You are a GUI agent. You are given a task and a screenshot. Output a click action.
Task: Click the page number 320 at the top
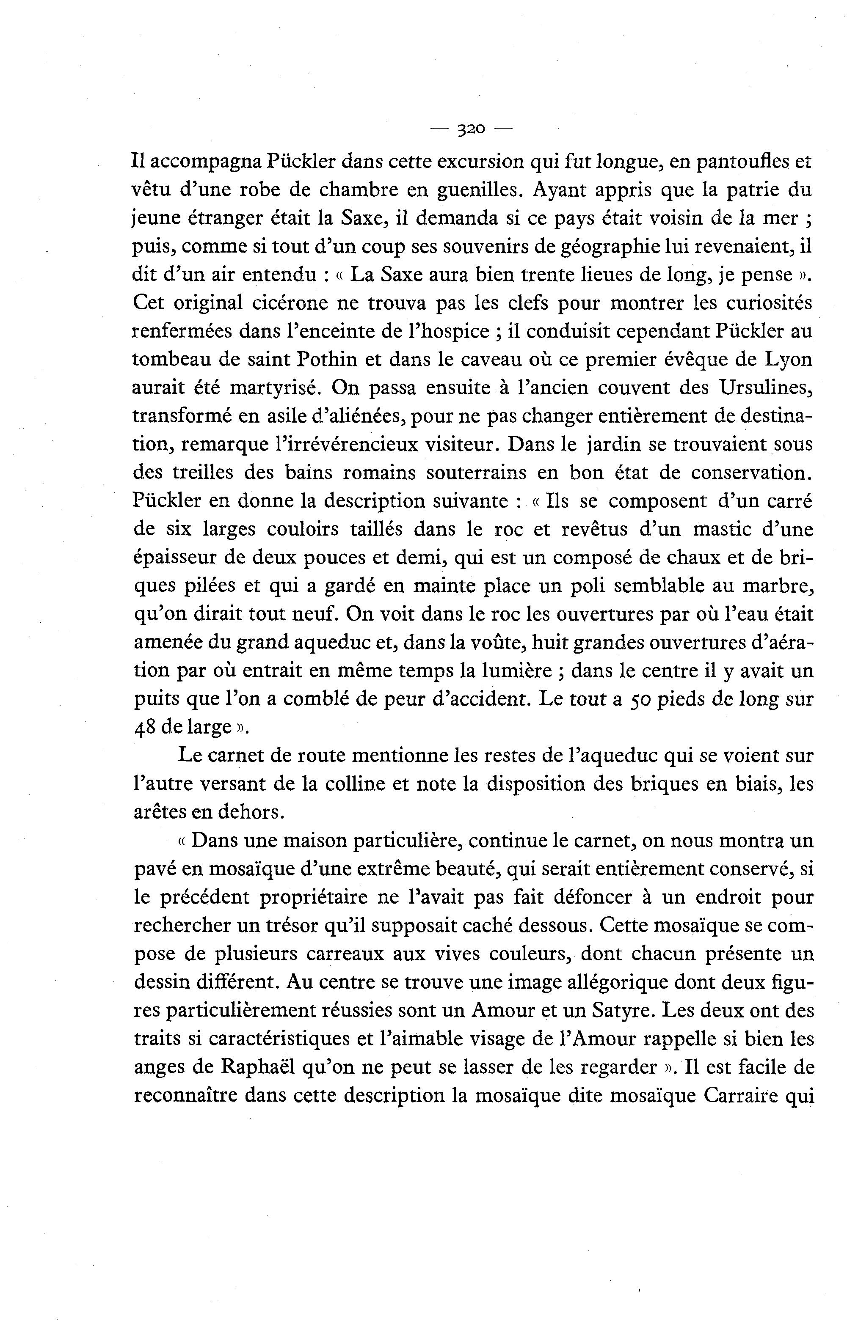(471, 129)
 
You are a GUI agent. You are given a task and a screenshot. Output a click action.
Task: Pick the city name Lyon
(789, 360)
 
